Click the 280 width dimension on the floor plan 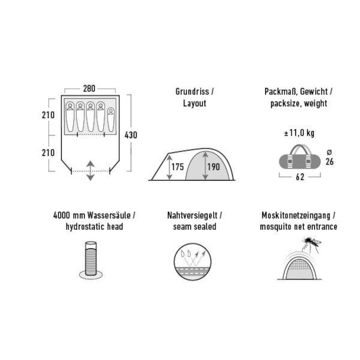click(x=89, y=88)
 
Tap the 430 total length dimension click(x=131, y=135)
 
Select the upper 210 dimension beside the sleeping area click(x=48, y=115)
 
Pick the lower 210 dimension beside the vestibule click(x=48, y=152)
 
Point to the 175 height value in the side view click(x=178, y=167)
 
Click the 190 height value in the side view click(x=214, y=167)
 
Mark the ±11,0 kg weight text click(x=299, y=133)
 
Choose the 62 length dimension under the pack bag click(x=300, y=177)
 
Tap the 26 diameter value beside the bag click(x=329, y=161)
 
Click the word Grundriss click(x=193, y=92)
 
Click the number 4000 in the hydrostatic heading click(x=62, y=215)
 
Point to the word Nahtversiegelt click(x=192, y=215)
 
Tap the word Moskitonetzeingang click(x=296, y=215)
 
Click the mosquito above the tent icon click(x=312, y=244)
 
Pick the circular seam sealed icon click(x=193, y=262)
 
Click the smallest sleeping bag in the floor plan click(x=111, y=120)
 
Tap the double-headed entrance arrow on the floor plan click(x=91, y=170)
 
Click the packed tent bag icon click(x=299, y=157)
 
